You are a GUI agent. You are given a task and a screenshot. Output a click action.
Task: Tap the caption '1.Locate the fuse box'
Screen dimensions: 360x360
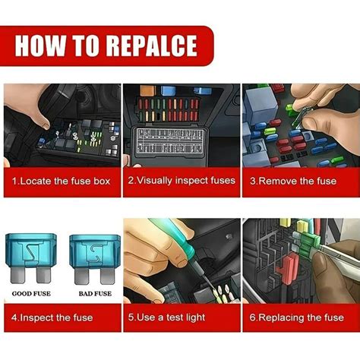pyautogui.click(x=61, y=182)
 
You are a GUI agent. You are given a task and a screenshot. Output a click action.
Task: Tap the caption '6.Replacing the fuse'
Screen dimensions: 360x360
pyautogui.click(x=300, y=317)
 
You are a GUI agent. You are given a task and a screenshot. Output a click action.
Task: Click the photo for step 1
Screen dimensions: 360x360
pyautogui.click(x=62, y=125)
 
